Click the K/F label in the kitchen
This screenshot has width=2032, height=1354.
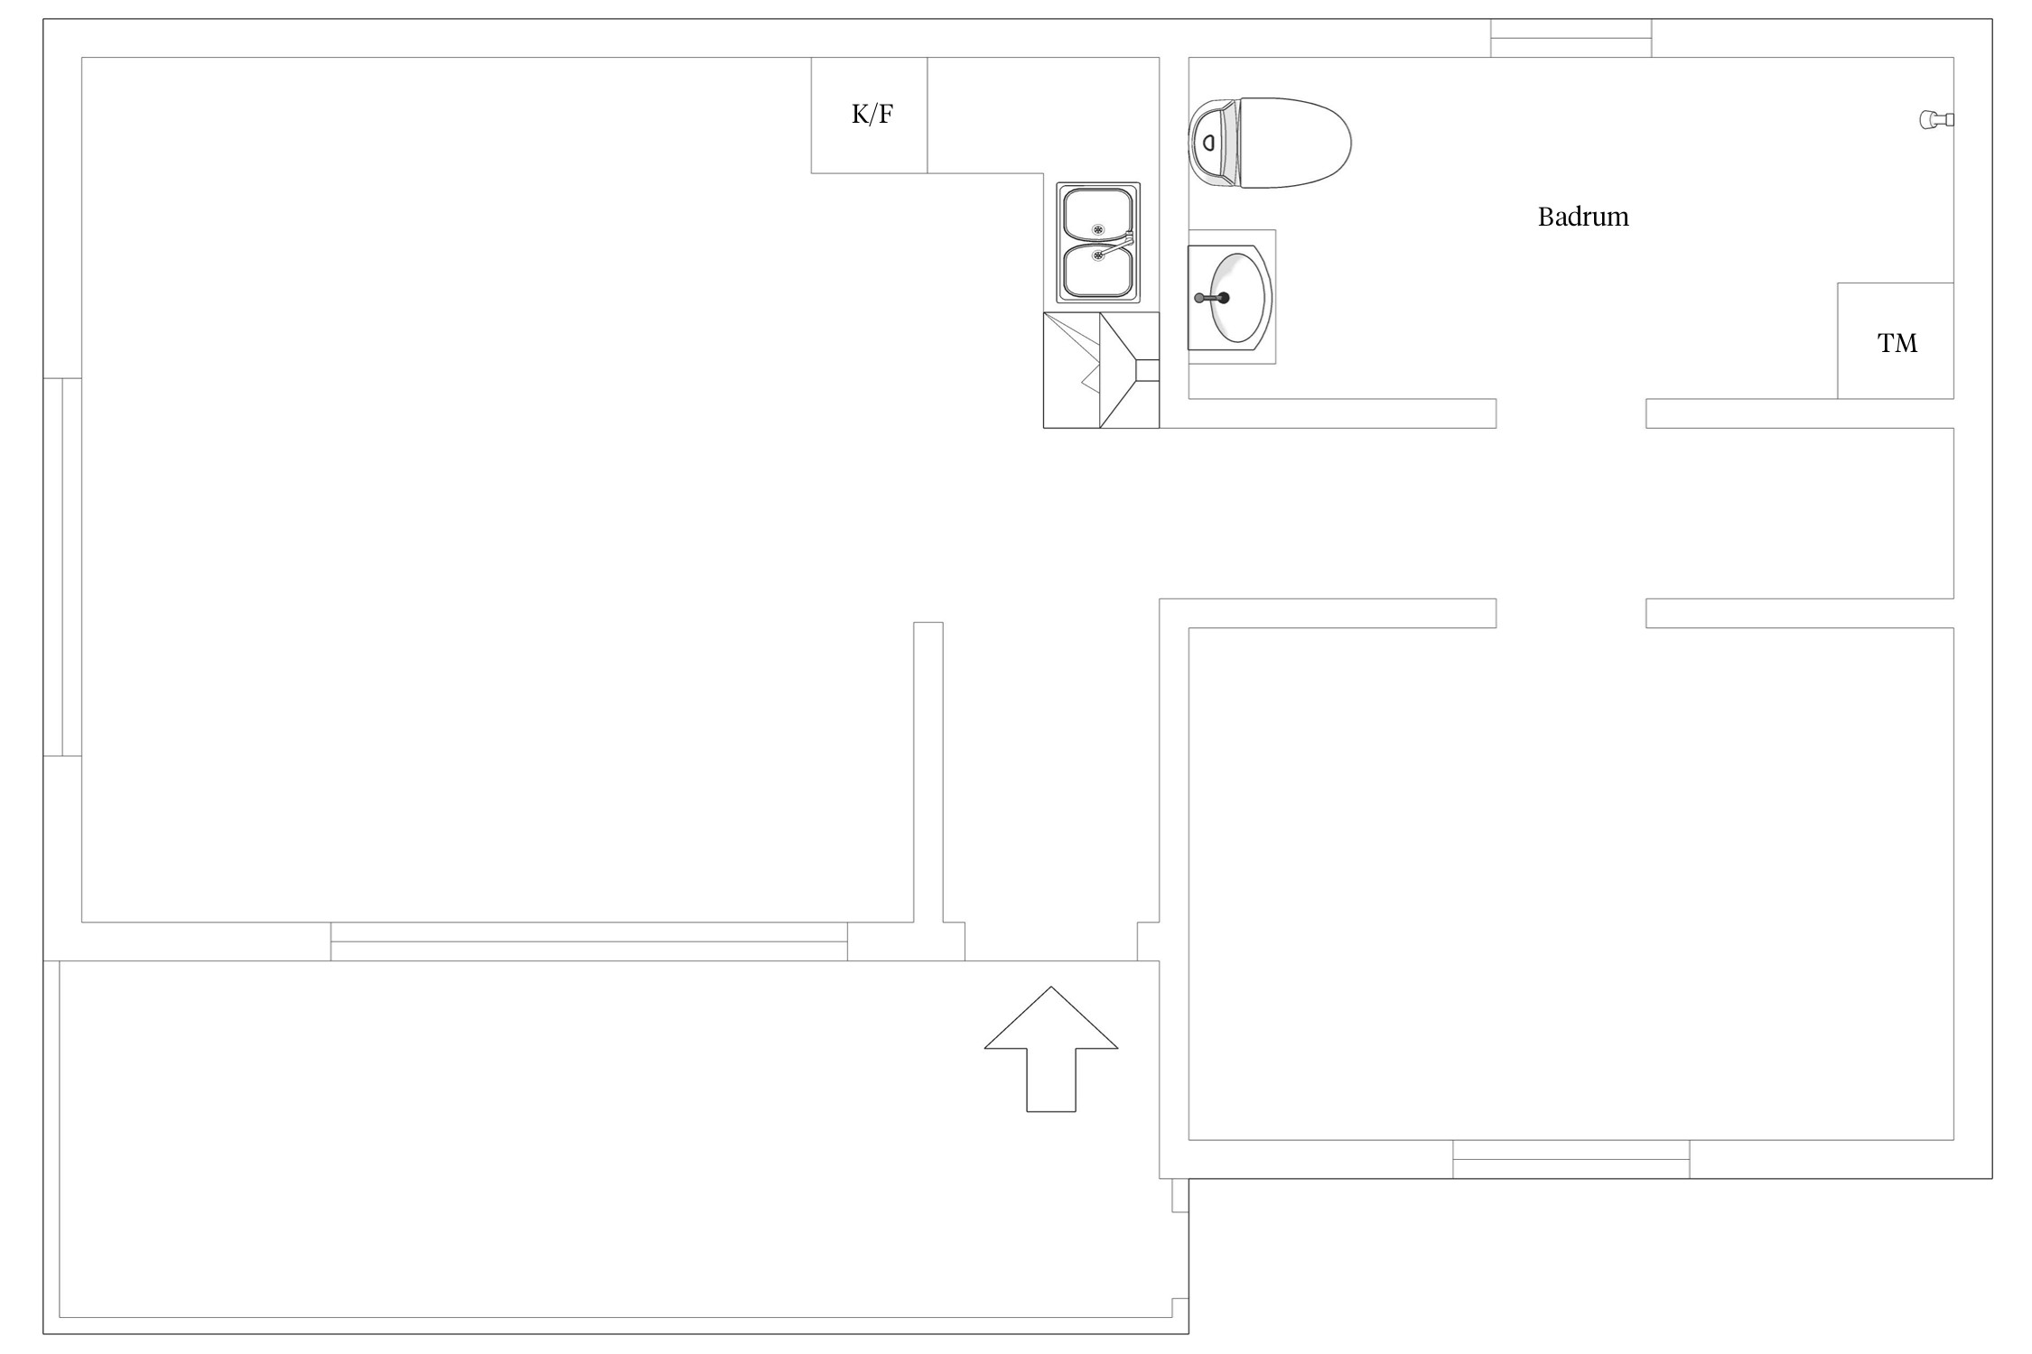pos(872,115)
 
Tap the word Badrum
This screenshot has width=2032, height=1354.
pos(1583,217)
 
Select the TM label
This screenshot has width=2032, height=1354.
pos(1897,343)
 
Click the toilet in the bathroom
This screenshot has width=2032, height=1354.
pos(1270,144)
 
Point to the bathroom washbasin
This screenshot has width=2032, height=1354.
pos(1230,297)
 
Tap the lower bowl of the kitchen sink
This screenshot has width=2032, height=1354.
pos(1098,271)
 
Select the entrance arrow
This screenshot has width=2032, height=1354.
pos(1051,1049)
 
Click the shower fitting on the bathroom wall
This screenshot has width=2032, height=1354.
pos(1936,119)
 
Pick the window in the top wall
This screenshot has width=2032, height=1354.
pos(1571,38)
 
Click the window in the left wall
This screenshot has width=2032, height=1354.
pos(62,567)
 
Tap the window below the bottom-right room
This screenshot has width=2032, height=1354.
pos(1571,1159)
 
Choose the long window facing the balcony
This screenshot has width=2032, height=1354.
pos(589,941)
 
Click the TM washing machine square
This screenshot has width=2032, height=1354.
pos(1896,341)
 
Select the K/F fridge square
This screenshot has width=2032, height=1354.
pos(869,116)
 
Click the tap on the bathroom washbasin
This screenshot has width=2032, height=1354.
pos(1212,298)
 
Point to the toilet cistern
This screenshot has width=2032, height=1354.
pos(1212,144)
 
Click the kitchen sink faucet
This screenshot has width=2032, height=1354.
pos(1116,244)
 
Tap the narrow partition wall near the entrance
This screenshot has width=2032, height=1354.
pos(928,773)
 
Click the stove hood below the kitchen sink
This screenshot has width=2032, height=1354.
pos(1102,370)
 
